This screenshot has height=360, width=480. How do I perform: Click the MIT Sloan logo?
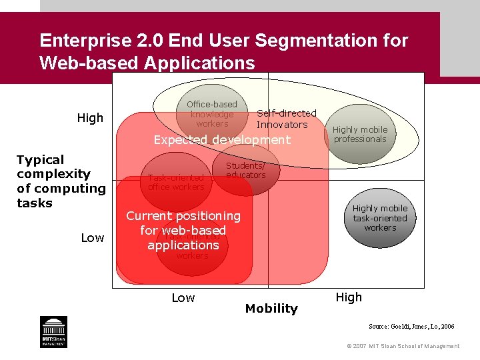click(54, 331)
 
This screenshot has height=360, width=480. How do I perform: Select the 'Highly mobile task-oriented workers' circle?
click(380, 218)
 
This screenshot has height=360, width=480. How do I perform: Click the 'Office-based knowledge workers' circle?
click(212, 114)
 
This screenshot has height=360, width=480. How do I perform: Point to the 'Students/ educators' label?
click(245, 171)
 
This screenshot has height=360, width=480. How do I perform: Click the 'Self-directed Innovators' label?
click(287, 119)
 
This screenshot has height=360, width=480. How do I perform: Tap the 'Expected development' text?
click(222, 140)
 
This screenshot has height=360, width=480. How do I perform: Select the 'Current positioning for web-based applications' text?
click(183, 231)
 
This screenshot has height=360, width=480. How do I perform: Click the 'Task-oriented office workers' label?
click(176, 182)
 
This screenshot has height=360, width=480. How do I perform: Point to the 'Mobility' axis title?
click(271, 308)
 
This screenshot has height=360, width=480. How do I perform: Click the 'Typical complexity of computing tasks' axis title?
click(61, 181)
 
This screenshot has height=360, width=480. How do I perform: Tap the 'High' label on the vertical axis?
click(90, 118)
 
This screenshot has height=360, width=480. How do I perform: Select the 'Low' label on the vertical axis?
click(93, 238)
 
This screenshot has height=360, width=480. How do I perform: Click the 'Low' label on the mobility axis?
click(183, 298)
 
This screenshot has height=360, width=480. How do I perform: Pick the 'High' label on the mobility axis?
click(349, 297)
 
